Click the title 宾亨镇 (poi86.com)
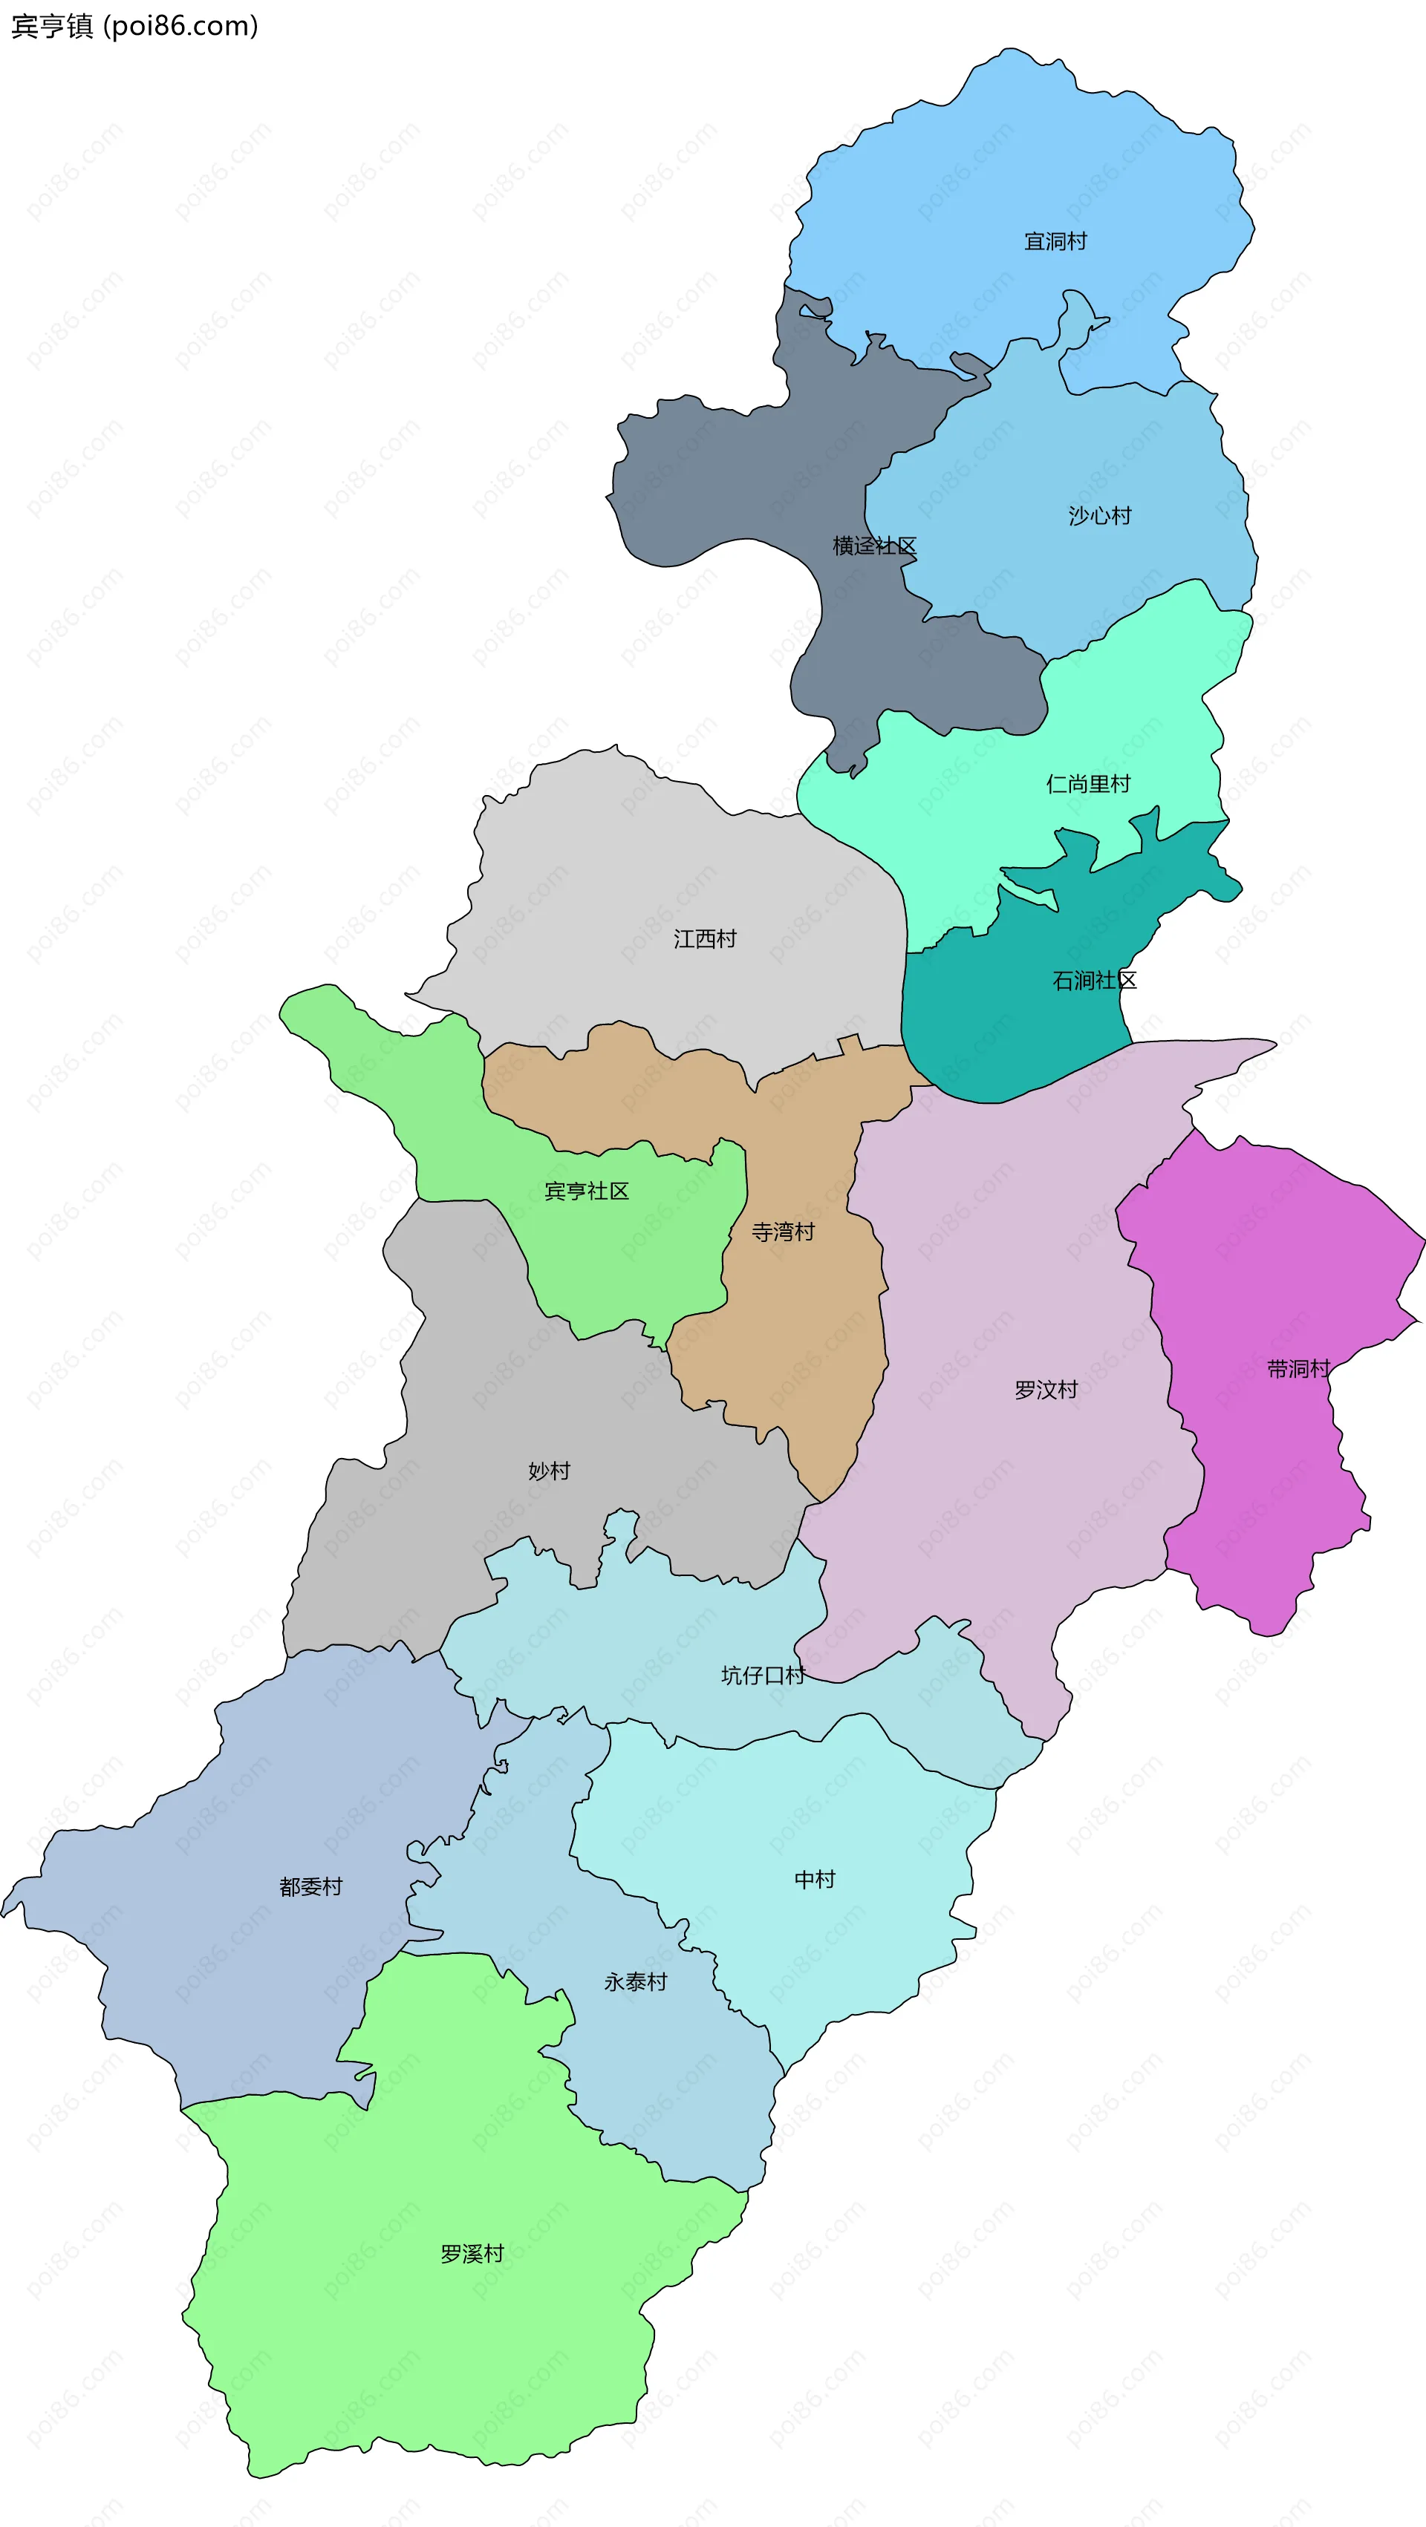[134, 25]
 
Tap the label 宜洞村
[1055, 241]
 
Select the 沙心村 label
[1099, 516]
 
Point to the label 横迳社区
[874, 546]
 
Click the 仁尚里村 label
[1087, 784]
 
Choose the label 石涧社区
[1094, 981]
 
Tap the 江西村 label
[705, 939]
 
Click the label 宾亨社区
[586, 1191]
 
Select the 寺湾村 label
[782, 1232]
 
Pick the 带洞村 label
[1298, 1368]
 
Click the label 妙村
[549, 1471]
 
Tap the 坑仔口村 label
[763, 1676]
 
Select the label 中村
[815, 1880]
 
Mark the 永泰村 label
[635, 1981]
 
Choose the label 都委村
[310, 1886]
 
